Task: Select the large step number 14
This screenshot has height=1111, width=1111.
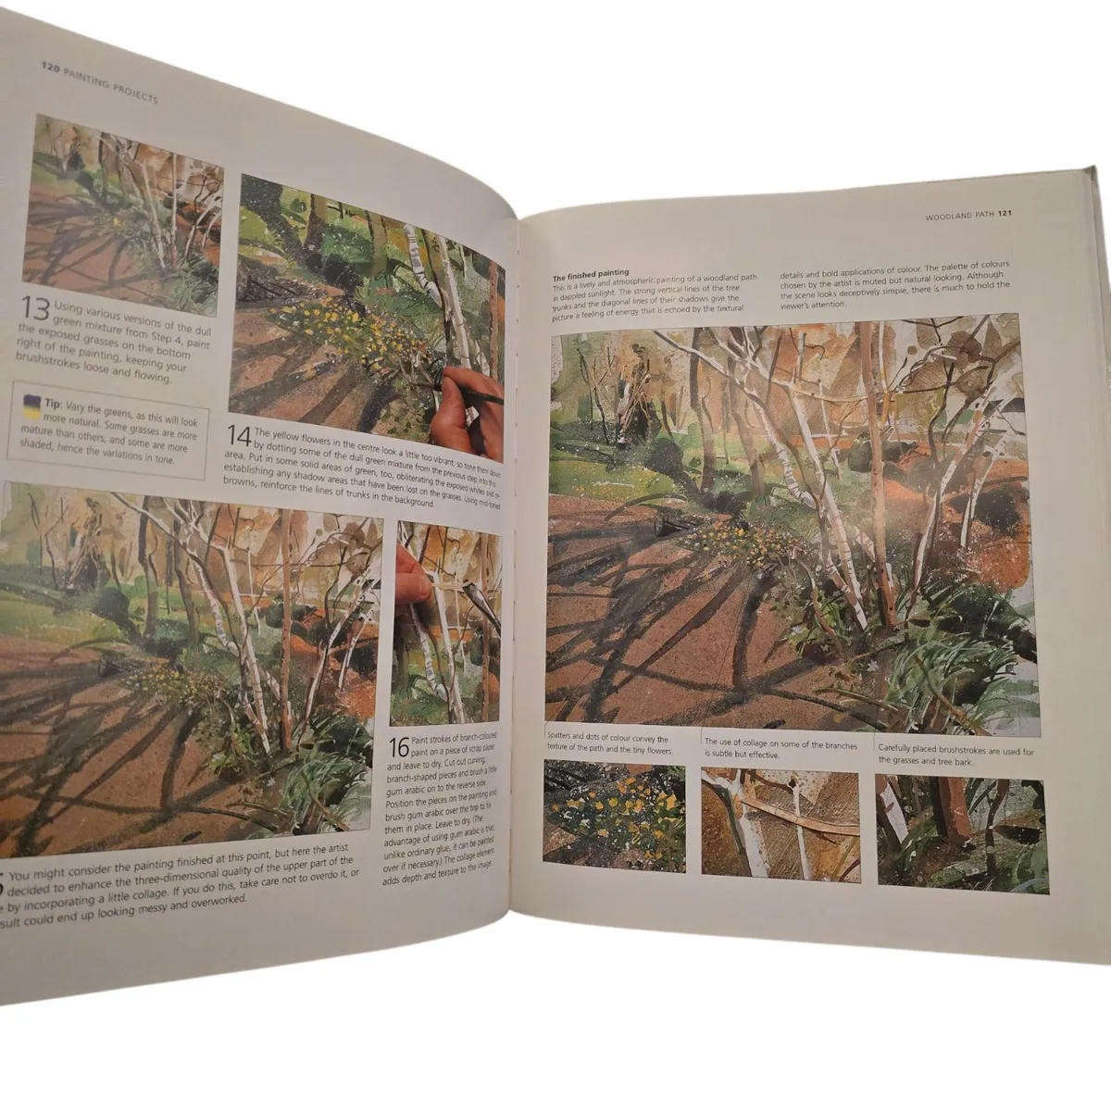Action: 238,433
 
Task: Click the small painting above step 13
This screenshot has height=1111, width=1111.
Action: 126,213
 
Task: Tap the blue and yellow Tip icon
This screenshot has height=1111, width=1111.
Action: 28,400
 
